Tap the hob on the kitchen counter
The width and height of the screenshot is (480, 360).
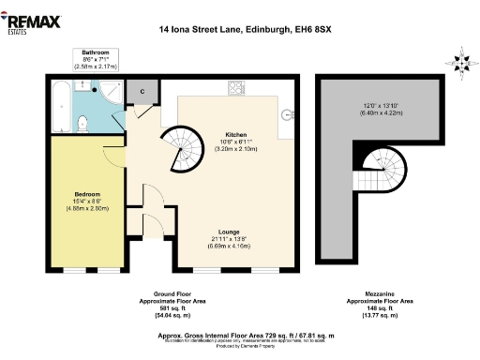click(234, 89)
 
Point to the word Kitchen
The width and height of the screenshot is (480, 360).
click(235, 135)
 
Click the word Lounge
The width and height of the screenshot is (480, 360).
click(229, 231)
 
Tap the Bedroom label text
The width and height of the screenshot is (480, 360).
click(88, 195)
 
